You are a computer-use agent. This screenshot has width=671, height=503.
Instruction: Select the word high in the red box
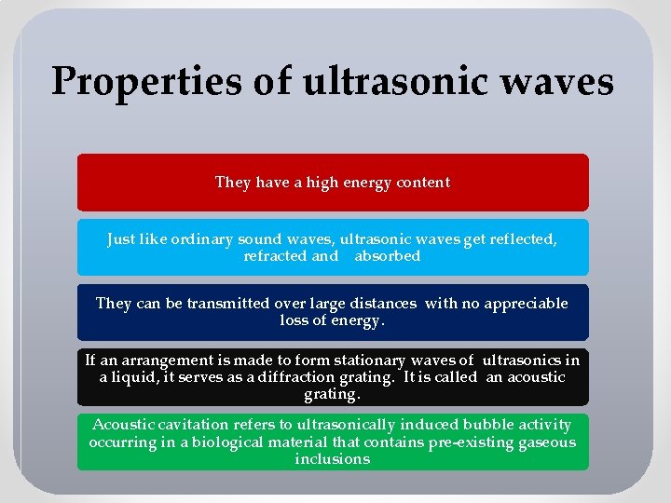308,183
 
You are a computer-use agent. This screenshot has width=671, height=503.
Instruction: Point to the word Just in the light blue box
122,239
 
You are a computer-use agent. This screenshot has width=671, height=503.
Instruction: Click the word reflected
524,239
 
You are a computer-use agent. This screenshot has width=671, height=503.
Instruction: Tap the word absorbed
387,256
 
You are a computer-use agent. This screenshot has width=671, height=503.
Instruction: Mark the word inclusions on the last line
333,459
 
